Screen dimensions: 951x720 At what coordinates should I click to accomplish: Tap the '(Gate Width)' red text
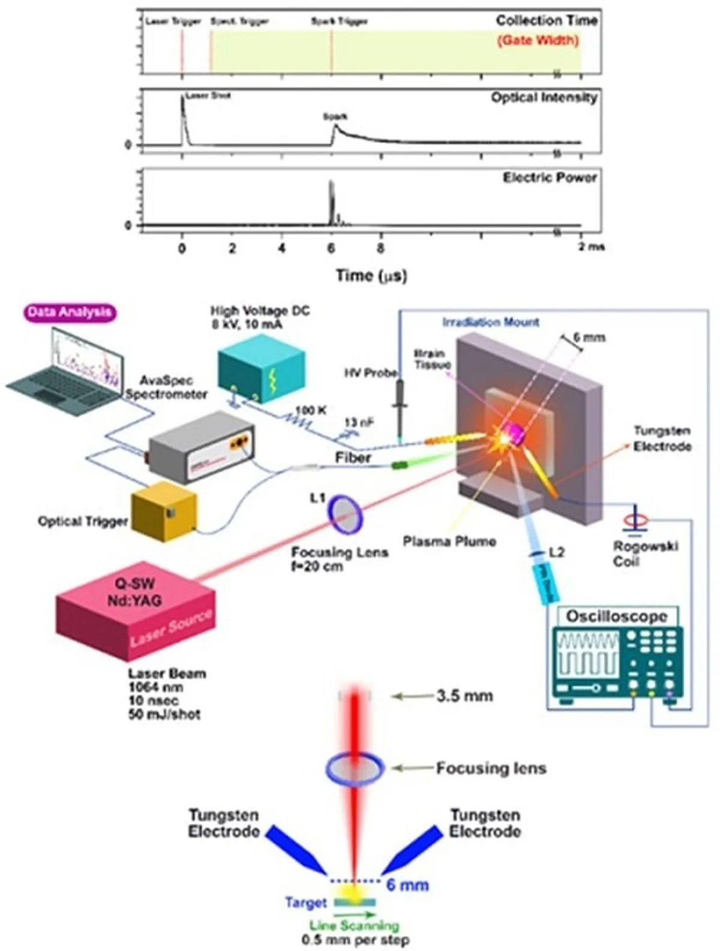click(538, 40)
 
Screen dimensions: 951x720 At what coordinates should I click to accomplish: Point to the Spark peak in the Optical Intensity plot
click(336, 126)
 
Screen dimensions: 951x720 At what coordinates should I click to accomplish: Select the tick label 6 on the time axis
click(331, 248)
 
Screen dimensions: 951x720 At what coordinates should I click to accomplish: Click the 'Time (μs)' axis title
click(371, 275)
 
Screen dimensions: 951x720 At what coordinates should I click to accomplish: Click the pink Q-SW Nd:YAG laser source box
click(136, 611)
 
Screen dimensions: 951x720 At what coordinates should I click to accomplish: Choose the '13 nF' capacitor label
click(359, 422)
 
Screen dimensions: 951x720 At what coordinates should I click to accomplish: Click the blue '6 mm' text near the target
click(407, 884)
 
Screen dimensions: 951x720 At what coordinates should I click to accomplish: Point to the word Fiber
click(353, 458)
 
